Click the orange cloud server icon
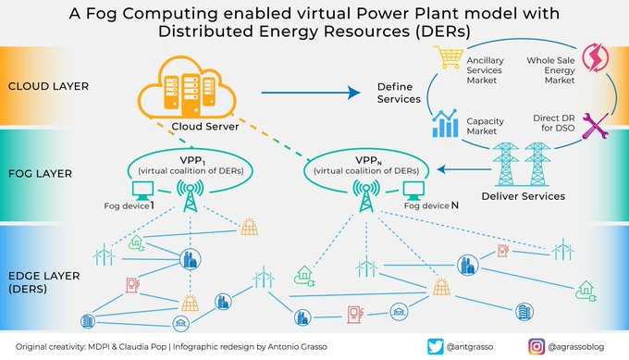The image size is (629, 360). coord(187,88)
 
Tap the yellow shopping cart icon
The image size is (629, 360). coord(448,57)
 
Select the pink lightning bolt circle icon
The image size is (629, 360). coord(596,57)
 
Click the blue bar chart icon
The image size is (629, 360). coord(445,123)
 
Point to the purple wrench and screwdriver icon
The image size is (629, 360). coord(596,126)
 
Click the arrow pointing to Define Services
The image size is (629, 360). coord(311,93)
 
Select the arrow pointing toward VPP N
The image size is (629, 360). coord(464,169)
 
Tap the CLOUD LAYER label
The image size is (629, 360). coord(48,86)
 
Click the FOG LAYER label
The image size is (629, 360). coord(40,174)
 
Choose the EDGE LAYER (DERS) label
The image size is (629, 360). coord(44,282)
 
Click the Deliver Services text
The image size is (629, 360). coord(524,196)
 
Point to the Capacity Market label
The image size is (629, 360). coord(485,126)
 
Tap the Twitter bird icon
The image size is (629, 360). coord(436,347)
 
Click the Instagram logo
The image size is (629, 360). coord(536,347)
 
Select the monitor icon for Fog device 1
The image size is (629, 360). coord(142,191)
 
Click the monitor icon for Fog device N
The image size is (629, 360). coord(413,191)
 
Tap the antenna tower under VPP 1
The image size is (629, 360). coord(191,196)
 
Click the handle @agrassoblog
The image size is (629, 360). coord(576,347)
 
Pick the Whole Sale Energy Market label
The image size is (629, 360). coord(550,70)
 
